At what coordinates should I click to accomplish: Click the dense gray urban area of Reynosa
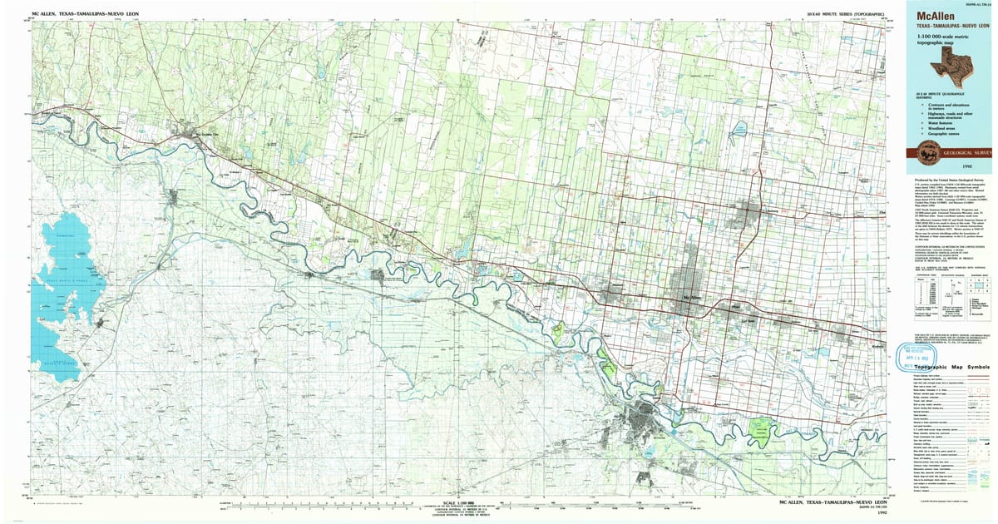pyautogui.click(x=644, y=416)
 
